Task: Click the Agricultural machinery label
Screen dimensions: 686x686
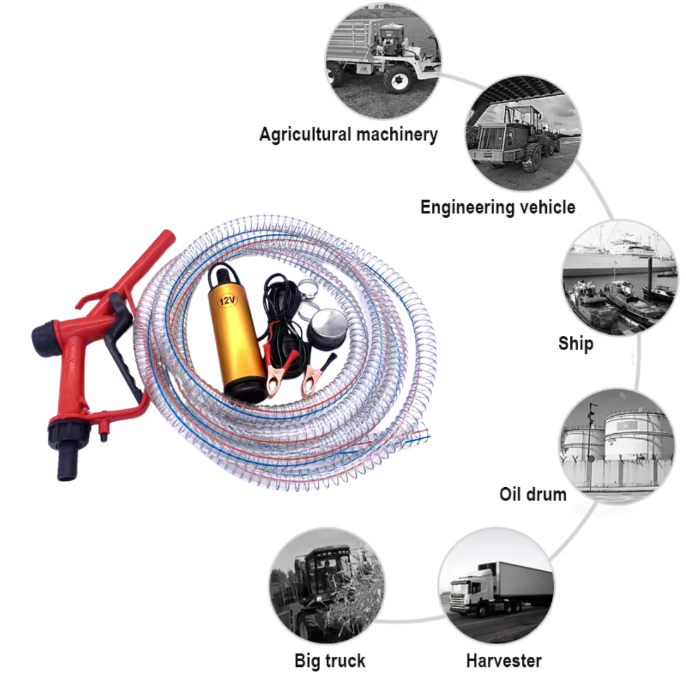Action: [x=349, y=135]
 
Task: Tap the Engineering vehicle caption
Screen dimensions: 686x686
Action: [x=498, y=207]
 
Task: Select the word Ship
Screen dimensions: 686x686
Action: [x=575, y=344]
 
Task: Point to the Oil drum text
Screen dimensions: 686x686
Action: [x=533, y=494]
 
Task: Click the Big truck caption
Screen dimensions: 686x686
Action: [x=330, y=661]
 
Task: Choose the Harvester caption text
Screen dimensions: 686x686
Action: [x=504, y=661]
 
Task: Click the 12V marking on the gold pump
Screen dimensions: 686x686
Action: [x=227, y=300]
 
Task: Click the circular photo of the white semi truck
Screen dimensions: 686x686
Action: [x=496, y=586]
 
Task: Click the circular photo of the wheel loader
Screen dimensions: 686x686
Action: [x=523, y=133]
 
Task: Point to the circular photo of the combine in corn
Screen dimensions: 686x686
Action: [x=327, y=586]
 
